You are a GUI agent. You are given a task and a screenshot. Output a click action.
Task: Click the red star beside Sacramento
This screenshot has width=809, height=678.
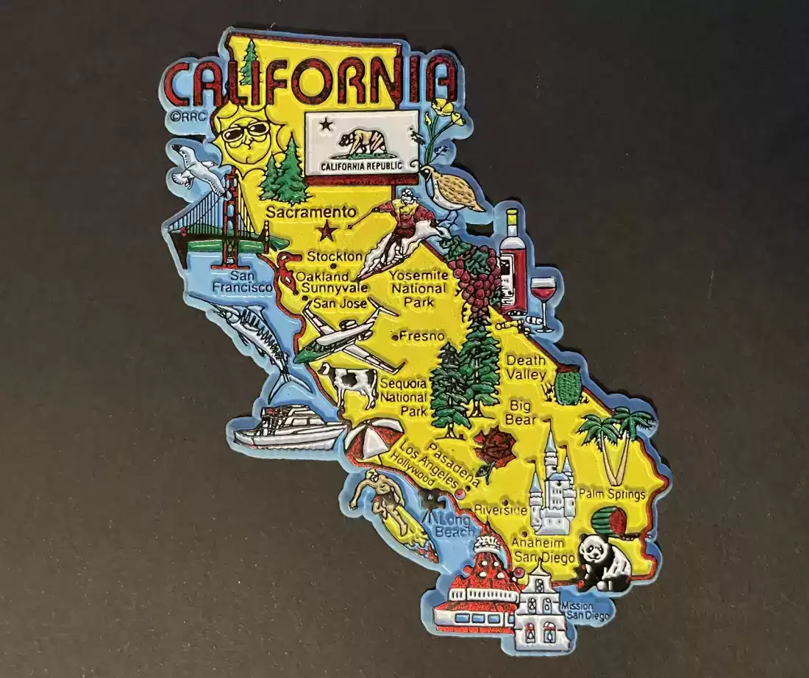pyautogui.click(x=326, y=233)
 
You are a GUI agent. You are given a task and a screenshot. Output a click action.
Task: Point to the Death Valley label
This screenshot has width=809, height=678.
pyautogui.click(x=526, y=367)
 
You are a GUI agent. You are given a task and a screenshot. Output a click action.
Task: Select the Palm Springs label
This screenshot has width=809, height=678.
pyautogui.click(x=611, y=494)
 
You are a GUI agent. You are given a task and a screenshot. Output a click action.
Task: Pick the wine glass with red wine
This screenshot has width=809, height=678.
pyautogui.click(x=544, y=295)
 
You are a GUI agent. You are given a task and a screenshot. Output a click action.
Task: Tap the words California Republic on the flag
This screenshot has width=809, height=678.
pyautogui.click(x=363, y=166)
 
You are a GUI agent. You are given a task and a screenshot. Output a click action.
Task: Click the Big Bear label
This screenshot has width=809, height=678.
pyautogui.click(x=520, y=413)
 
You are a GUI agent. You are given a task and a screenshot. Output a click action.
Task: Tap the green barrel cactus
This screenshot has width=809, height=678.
pyautogui.click(x=567, y=386)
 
